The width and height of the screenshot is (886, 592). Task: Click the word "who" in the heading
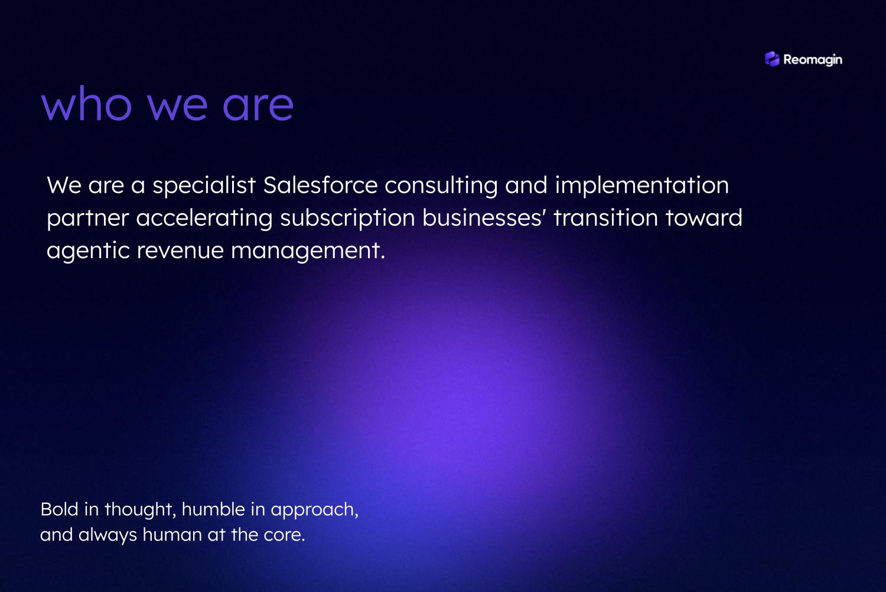click(x=86, y=103)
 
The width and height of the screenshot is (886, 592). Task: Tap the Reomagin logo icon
click(x=772, y=59)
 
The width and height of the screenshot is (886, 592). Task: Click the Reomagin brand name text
click(x=813, y=60)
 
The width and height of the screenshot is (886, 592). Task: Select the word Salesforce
click(x=320, y=185)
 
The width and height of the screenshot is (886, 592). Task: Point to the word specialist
click(x=204, y=186)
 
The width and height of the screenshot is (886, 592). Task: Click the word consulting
click(x=441, y=186)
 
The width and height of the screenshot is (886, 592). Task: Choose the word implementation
click(x=642, y=186)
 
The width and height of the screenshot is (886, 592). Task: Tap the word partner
click(x=88, y=219)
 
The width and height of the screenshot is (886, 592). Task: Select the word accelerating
click(x=204, y=219)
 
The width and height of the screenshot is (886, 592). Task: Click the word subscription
click(x=347, y=219)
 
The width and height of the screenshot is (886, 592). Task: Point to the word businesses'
click(x=484, y=217)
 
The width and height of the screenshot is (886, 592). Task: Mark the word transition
click(x=605, y=217)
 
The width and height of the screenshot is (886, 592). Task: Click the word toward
click(x=703, y=217)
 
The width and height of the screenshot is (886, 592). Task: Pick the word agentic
click(x=88, y=251)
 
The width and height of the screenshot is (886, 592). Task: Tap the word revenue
click(x=180, y=251)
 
